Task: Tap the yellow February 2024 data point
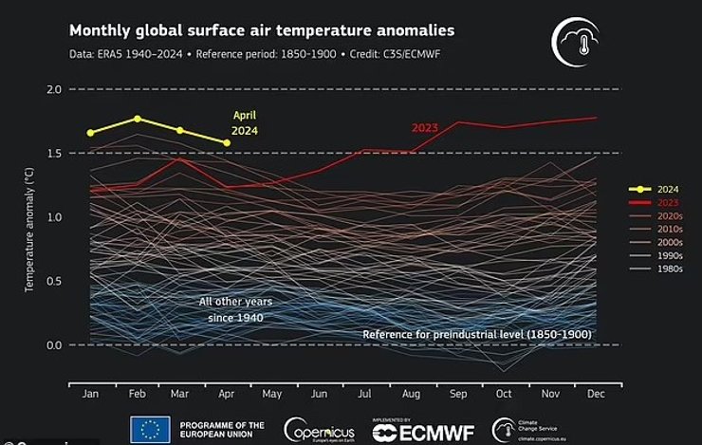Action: pyautogui.click(x=138, y=119)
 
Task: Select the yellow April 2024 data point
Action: pyautogui.click(x=226, y=143)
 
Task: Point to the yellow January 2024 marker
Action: pyautogui.click(x=91, y=133)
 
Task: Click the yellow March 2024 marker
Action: pyautogui.click(x=179, y=130)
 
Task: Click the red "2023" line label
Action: pyautogui.click(x=426, y=127)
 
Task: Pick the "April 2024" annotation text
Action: pyautogui.click(x=245, y=123)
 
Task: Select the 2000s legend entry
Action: pyautogui.click(x=662, y=241)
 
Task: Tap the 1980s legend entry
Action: pyautogui.click(x=662, y=269)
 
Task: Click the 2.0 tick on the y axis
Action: pyautogui.click(x=53, y=90)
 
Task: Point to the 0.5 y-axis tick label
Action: pyautogui.click(x=53, y=282)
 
